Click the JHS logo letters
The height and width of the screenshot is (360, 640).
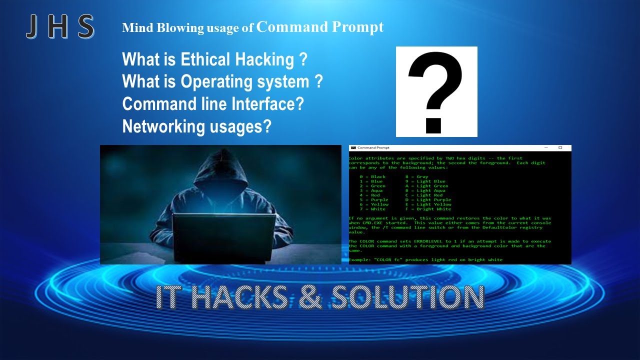(60, 27)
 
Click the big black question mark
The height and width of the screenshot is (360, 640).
(436, 91)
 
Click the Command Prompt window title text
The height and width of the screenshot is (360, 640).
(373, 148)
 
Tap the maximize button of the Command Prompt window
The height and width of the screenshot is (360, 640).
(560, 148)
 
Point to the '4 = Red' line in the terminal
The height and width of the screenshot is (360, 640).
(370, 195)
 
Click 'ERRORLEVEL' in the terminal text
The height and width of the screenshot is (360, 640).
(430, 241)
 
